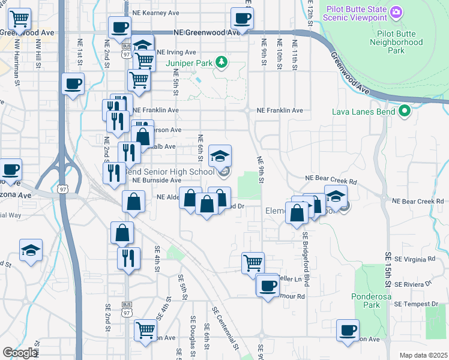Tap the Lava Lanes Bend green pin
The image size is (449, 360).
(x=405, y=111)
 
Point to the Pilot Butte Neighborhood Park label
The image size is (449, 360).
(x=396, y=43)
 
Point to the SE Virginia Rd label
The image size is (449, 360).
(x=415, y=260)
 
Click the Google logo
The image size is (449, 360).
(x=20, y=353)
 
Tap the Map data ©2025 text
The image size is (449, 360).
(x=423, y=355)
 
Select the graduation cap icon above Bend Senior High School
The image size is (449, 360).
(x=220, y=156)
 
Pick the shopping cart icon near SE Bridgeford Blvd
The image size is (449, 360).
(x=253, y=262)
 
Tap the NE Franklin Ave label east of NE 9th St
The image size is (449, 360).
(x=280, y=110)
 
